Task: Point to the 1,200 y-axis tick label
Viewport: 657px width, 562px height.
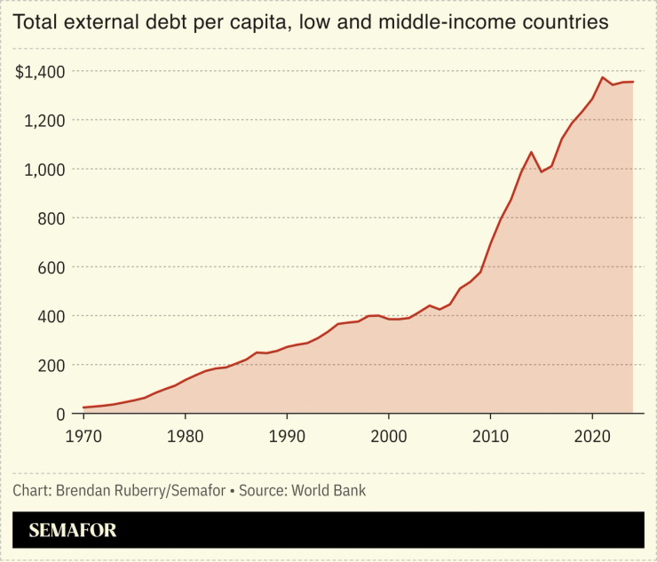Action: pyautogui.click(x=44, y=120)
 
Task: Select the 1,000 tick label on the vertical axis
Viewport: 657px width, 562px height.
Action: pyautogui.click(x=44, y=169)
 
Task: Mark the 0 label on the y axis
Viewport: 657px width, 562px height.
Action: pyautogui.click(x=61, y=414)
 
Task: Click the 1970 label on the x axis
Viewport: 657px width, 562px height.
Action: pyautogui.click(x=83, y=437)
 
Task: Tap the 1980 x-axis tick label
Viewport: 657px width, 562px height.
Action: pyautogui.click(x=185, y=437)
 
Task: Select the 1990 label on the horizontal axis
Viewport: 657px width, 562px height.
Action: pyautogui.click(x=287, y=437)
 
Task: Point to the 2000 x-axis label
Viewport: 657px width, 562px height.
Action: pyautogui.click(x=388, y=437)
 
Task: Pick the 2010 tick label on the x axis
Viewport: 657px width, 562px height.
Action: pyautogui.click(x=490, y=437)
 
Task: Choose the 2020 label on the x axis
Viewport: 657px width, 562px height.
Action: pyautogui.click(x=591, y=437)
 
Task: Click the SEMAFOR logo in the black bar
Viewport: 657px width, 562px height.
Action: pyautogui.click(x=73, y=531)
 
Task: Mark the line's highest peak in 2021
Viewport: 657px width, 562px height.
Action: pyautogui.click(x=602, y=77)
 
